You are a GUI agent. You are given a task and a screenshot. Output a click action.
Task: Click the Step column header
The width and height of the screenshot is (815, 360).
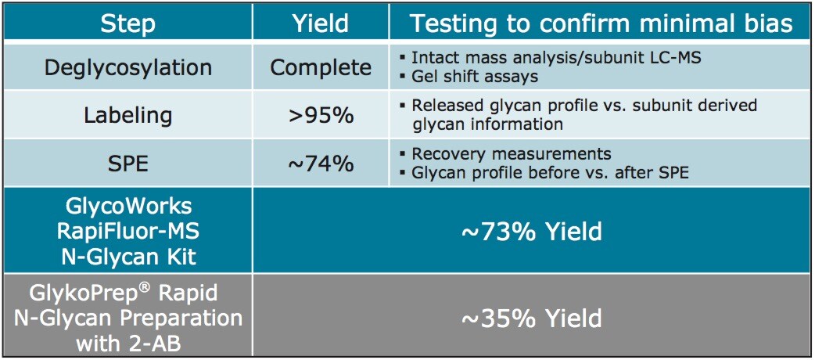click(127, 23)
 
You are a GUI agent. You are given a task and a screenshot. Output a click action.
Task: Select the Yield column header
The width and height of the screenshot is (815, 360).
click(321, 23)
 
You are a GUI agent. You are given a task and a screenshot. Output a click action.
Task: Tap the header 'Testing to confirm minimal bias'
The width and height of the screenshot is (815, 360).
click(601, 23)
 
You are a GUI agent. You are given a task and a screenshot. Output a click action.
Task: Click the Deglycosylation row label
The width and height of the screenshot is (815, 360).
click(127, 67)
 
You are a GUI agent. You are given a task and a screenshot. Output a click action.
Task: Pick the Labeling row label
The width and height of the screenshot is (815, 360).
click(127, 115)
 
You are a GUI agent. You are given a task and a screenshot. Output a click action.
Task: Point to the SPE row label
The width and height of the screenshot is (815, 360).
click(127, 164)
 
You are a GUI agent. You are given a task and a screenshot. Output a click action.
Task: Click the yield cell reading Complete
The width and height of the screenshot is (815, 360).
click(321, 67)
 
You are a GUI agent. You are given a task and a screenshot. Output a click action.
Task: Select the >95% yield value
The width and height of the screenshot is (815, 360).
click(321, 115)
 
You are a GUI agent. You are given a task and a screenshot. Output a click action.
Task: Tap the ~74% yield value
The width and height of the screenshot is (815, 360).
click(321, 164)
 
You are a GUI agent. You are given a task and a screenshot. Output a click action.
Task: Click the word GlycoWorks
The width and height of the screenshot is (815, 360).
click(127, 208)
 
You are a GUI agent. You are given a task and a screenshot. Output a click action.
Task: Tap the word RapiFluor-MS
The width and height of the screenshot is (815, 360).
click(127, 232)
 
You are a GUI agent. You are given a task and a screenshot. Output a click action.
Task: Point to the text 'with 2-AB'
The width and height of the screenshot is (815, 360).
click(127, 342)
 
